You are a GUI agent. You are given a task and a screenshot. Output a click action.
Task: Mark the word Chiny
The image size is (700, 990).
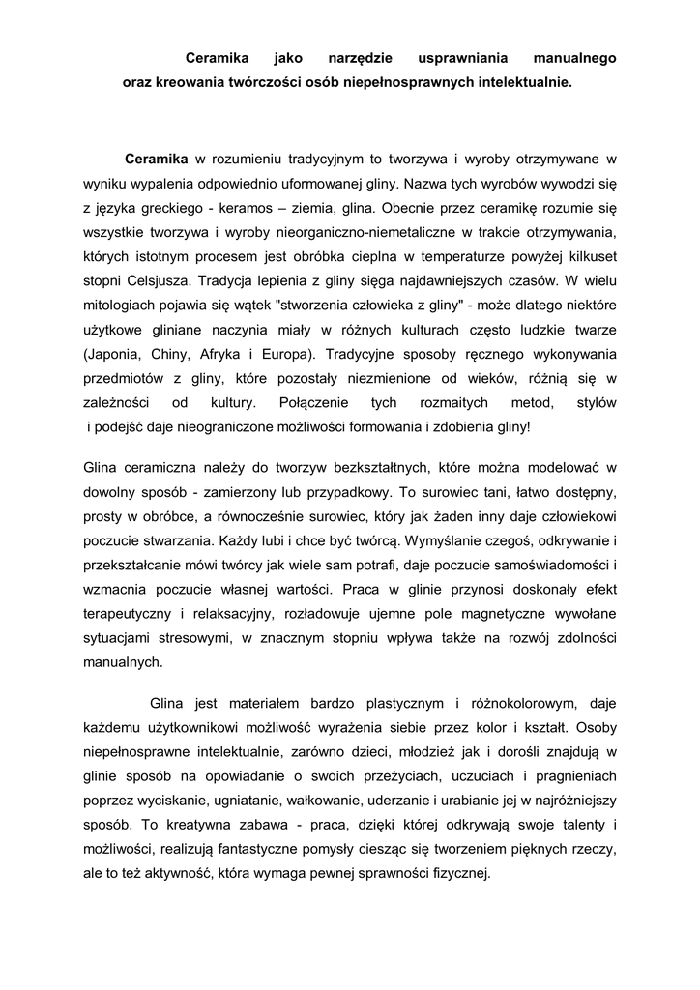(x=173, y=353)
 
